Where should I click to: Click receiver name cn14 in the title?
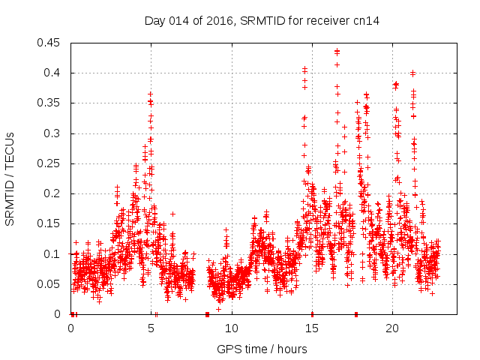[367, 21]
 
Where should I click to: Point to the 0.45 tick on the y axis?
[49, 43]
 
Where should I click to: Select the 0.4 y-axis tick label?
[52, 73]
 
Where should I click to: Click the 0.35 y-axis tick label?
[49, 103]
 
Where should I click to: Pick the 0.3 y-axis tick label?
[52, 133]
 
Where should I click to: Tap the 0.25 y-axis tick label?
[49, 163]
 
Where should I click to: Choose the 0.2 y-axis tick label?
[52, 193]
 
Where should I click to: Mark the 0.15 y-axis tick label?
[49, 224]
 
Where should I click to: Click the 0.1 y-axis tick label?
[52, 254]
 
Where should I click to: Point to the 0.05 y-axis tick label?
[49, 284]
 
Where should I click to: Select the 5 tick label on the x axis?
[151, 328]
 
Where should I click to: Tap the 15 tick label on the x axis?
[311, 328]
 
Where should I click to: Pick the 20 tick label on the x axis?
[391, 328]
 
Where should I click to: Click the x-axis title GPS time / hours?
[262, 349]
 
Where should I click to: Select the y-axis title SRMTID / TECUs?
[10, 178]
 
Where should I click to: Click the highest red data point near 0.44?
[337, 51]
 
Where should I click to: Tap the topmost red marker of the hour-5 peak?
[150, 94]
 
